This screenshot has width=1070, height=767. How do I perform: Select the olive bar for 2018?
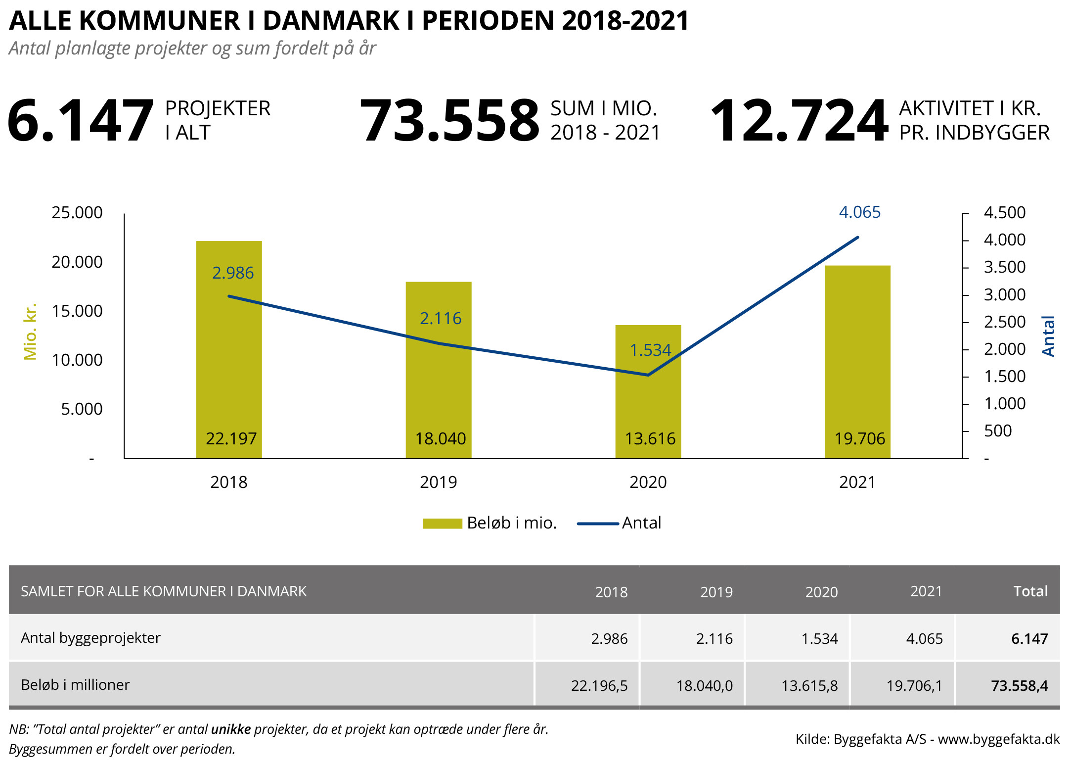(229, 356)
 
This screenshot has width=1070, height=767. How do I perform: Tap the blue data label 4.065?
(859, 212)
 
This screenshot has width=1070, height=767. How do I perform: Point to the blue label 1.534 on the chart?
(650, 350)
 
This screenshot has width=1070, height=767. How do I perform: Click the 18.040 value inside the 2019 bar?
(440, 438)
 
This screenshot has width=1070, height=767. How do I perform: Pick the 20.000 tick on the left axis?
(77, 262)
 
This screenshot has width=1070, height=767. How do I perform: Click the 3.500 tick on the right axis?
(1004, 267)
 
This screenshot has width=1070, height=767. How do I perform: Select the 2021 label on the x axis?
(857, 482)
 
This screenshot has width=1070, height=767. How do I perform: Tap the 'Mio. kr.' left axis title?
(30, 332)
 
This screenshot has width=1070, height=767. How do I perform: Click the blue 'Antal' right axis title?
(1048, 336)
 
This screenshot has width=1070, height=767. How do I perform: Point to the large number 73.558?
(449, 121)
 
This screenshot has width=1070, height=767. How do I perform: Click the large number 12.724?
(799, 121)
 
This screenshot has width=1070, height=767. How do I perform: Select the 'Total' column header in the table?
(1030, 591)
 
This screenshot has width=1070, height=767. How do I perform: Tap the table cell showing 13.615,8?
(809, 686)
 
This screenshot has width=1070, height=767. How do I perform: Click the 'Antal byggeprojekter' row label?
(90, 638)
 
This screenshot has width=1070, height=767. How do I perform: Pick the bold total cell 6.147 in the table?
(1029, 639)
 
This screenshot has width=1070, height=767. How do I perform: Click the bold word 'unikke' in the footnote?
(230, 729)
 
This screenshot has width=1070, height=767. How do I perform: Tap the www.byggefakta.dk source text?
(998, 739)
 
